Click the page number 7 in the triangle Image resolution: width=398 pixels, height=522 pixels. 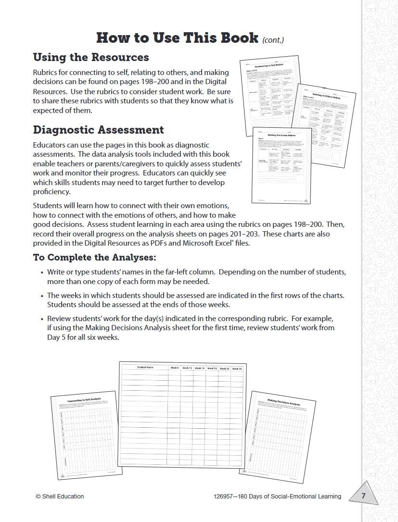click(x=363, y=496)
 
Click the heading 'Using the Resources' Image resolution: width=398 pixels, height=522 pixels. click(x=91, y=57)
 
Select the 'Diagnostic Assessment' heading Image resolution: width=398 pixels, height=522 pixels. click(x=98, y=130)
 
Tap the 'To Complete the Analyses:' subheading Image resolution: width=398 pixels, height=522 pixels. click(x=94, y=257)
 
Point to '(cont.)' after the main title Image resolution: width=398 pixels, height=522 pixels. click(x=273, y=39)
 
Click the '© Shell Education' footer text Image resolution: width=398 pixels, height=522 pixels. click(x=60, y=497)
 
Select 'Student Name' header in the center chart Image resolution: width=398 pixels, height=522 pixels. click(x=145, y=367)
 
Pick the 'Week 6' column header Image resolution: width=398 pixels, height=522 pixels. click(x=174, y=368)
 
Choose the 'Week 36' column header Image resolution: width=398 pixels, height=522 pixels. click(x=237, y=369)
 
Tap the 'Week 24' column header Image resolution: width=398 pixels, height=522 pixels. click(x=212, y=368)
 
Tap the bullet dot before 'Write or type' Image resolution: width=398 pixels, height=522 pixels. click(x=42, y=272)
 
